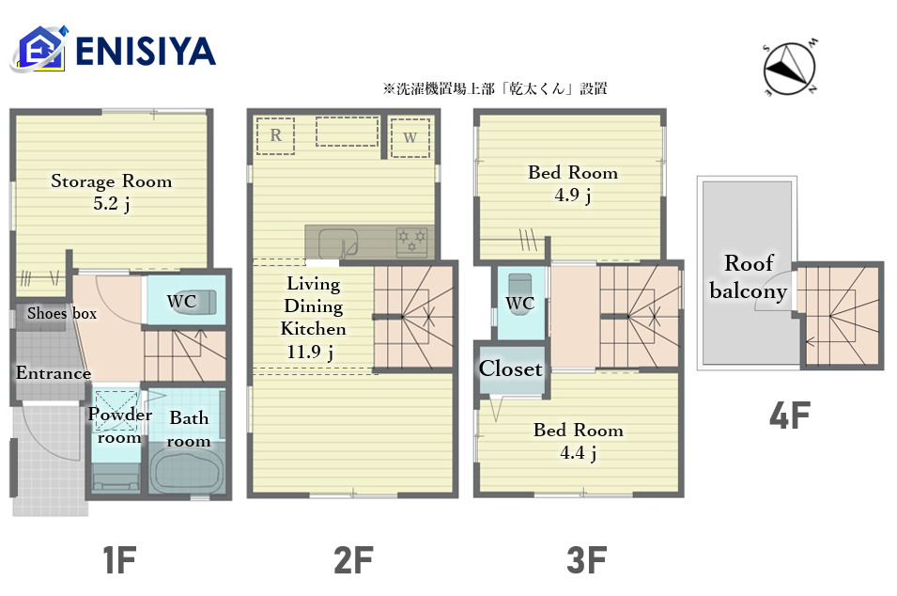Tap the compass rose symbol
(789, 68)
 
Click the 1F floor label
(119, 559)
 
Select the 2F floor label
(353, 559)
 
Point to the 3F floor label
(586, 559)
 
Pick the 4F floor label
(789, 416)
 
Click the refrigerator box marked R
(276, 135)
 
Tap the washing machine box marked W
(410, 137)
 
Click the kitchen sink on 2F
(338, 243)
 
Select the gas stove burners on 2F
(412, 242)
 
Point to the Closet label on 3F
(510, 369)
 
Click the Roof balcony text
(749, 277)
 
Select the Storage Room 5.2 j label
(112, 192)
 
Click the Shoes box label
(62, 313)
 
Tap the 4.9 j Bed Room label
(573, 183)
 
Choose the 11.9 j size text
(309, 352)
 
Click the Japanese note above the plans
(495, 88)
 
